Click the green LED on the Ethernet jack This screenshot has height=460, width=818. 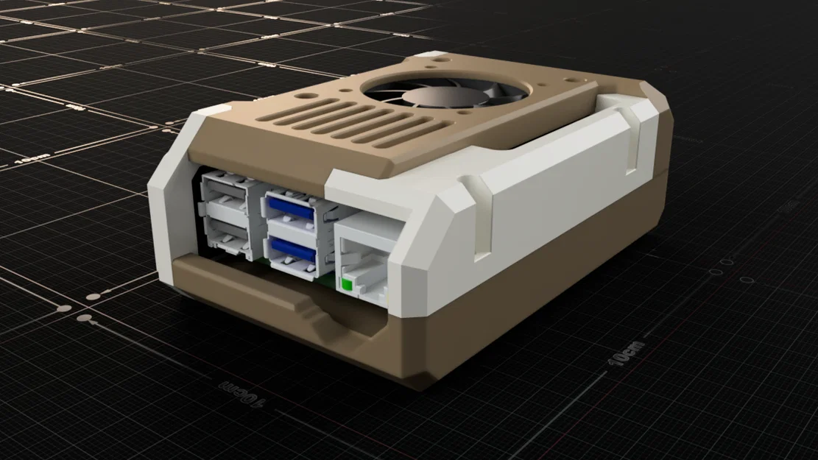point(345,282)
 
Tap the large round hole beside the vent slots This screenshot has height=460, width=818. point(304,96)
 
